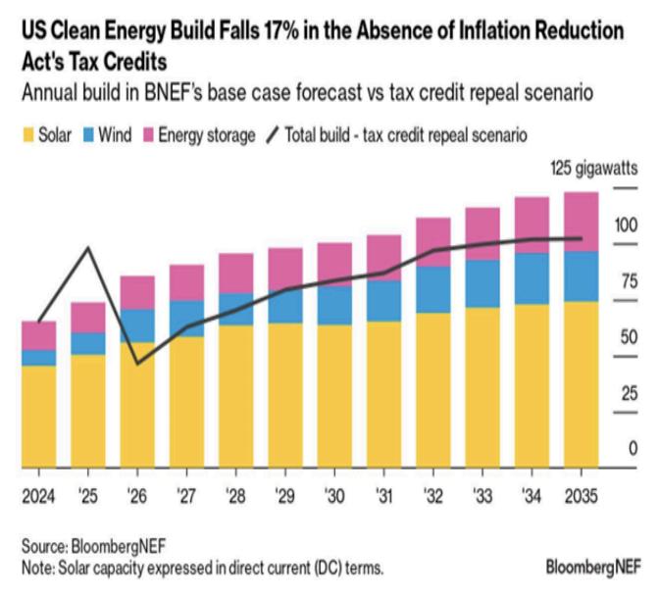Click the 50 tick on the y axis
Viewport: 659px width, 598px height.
[625, 336]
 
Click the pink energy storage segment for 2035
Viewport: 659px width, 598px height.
[582, 222]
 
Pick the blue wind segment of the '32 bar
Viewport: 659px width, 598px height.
[432, 289]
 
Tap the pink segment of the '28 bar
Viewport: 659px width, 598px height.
[235, 273]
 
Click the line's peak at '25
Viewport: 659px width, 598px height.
[89, 247]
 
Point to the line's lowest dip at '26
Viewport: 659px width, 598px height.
[138, 363]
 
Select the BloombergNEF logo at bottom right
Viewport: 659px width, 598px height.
[593, 567]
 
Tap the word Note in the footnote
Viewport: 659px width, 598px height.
[40, 567]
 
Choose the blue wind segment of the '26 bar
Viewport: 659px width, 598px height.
[137, 325]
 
